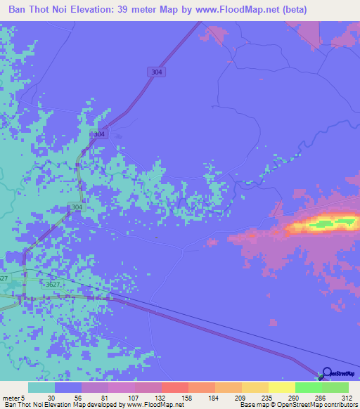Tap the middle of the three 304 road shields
click(x=100, y=134)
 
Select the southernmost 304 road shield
click(x=76, y=207)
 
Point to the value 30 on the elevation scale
click(x=51, y=397)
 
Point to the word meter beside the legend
click(x=11, y=397)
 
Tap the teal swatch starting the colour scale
click(x=41, y=387)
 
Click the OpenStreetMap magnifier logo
click(x=326, y=374)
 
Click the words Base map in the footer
click(x=254, y=405)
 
